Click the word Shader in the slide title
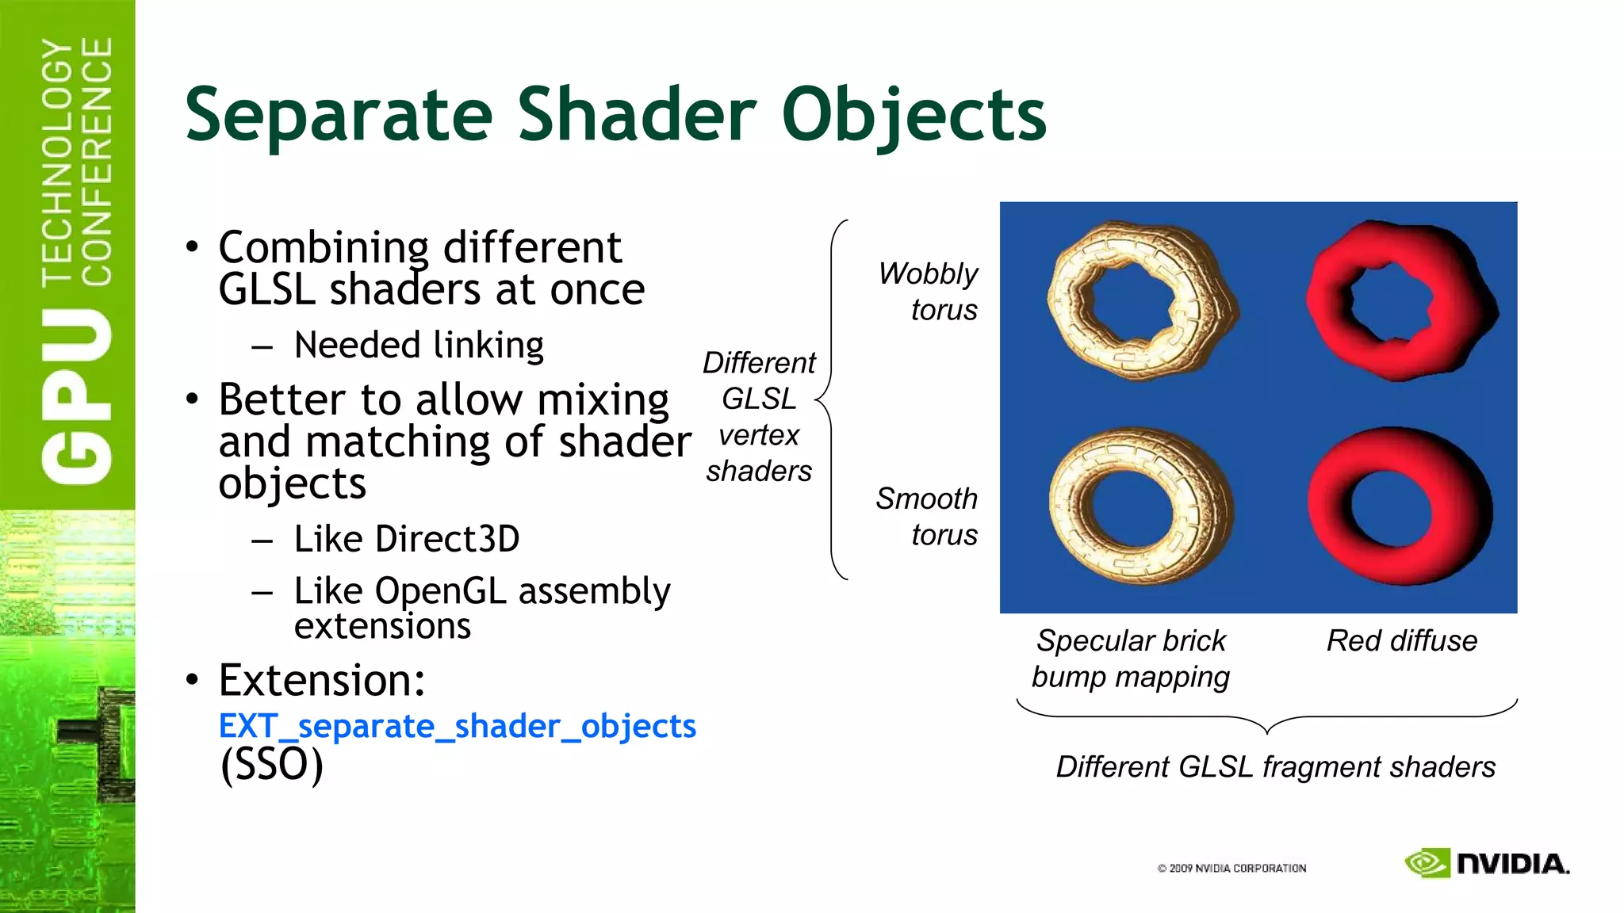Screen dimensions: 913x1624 (x=638, y=115)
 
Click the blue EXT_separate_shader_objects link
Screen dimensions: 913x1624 (x=457, y=726)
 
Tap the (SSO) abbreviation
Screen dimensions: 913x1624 (x=272, y=765)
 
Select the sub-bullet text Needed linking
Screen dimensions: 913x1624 (x=418, y=346)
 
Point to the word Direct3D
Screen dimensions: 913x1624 (x=446, y=539)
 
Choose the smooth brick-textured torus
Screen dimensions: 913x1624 (x=1139, y=506)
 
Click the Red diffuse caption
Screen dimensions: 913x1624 (x=1401, y=640)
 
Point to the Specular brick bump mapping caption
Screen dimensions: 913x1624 (x=1130, y=659)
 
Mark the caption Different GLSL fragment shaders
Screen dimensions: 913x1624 (x=1275, y=767)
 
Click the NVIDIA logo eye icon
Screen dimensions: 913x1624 (x=1427, y=863)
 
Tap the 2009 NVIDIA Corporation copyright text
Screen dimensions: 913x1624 (x=1231, y=869)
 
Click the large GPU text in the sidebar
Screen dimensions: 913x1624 (x=77, y=396)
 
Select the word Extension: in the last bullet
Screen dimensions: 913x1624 (x=322, y=680)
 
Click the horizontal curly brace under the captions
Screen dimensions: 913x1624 (x=1266, y=717)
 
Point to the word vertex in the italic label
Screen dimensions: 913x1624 (x=759, y=435)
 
